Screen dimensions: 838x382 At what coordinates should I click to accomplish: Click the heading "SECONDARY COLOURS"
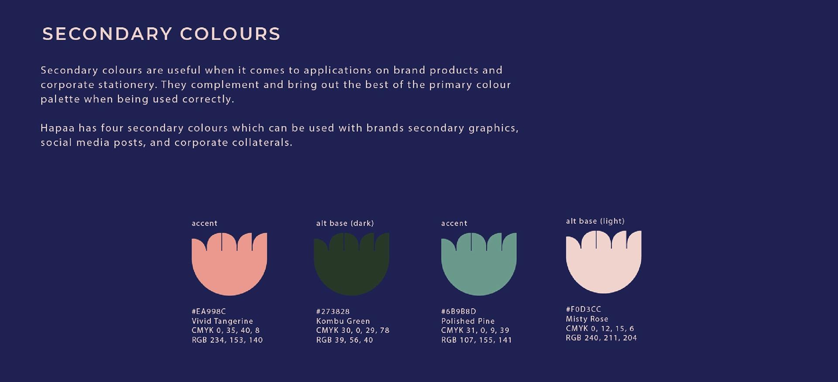(x=161, y=34)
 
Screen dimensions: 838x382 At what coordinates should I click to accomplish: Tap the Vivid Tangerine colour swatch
(x=229, y=266)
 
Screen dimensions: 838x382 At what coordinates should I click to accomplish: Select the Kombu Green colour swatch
(x=351, y=266)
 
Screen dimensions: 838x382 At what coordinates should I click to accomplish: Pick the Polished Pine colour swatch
(x=479, y=266)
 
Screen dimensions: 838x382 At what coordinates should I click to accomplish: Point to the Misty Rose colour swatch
(x=604, y=264)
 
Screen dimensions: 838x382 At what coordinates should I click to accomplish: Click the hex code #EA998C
(x=209, y=311)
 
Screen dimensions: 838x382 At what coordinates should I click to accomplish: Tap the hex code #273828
(x=333, y=311)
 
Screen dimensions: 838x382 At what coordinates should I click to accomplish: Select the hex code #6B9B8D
(x=459, y=311)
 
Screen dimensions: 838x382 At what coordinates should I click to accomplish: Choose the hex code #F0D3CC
(x=584, y=309)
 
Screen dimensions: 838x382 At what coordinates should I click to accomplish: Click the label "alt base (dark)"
(x=345, y=224)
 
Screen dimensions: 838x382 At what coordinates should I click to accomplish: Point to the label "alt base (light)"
(x=595, y=221)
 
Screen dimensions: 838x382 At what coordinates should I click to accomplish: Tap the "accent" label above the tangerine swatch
(x=204, y=224)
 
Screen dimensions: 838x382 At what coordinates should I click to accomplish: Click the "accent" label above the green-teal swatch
(x=454, y=224)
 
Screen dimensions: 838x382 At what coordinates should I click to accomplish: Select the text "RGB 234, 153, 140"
(x=227, y=340)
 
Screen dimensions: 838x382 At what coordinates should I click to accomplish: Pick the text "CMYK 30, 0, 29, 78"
(x=353, y=330)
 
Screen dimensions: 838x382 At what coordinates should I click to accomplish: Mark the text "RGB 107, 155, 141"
(x=477, y=340)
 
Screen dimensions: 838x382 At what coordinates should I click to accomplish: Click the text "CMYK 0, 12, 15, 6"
(x=600, y=328)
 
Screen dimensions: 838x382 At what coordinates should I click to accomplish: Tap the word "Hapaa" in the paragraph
(x=58, y=128)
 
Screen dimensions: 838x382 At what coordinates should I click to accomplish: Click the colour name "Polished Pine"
(x=468, y=321)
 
